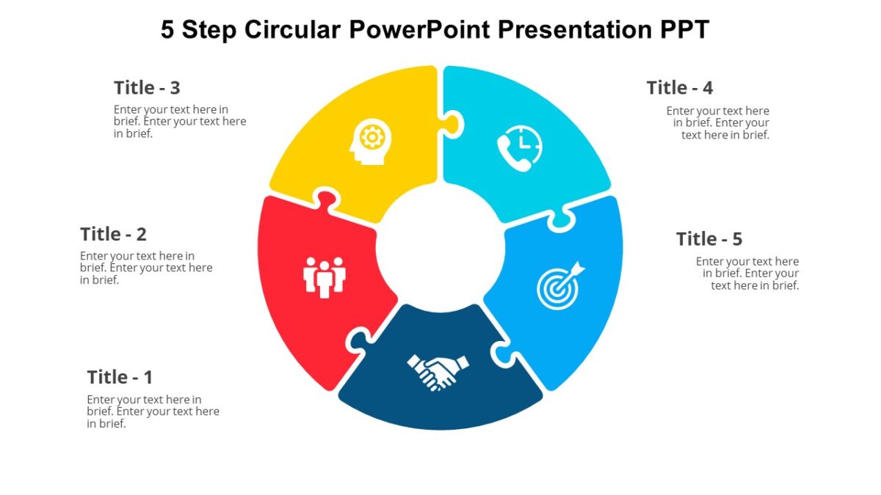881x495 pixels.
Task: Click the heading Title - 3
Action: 147,88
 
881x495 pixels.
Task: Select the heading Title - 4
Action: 679,88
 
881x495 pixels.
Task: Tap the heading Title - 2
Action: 113,235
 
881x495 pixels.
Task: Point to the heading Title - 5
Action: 708,239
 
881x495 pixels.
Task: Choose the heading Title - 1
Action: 120,378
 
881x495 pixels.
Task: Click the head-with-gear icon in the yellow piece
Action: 370,141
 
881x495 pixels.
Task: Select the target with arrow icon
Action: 560,285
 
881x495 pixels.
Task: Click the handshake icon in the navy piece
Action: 438,371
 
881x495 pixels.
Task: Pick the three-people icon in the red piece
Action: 324,276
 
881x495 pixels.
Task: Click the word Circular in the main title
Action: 293,30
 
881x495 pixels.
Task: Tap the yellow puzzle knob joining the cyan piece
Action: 454,123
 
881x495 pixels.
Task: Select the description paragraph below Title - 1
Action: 153,411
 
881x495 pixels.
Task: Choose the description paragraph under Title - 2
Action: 146,268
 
